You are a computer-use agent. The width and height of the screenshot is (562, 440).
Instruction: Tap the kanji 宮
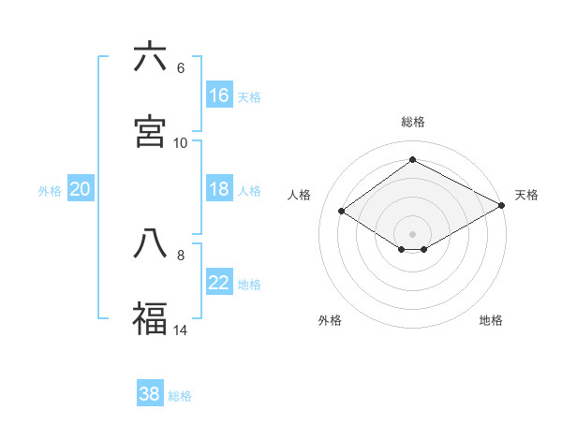pos(150,132)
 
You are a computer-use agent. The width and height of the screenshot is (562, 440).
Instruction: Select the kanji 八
pos(150,243)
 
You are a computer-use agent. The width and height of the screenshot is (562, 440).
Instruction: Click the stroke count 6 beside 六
pos(181,68)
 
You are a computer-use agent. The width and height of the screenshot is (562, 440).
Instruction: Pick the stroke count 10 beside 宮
pos(181,143)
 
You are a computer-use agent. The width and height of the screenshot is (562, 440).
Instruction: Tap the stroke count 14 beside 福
pos(181,330)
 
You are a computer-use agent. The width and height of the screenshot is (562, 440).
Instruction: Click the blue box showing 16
pos(219,95)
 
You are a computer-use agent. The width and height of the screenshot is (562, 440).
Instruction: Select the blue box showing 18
pos(219,189)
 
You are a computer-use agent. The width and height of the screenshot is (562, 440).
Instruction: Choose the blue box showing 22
pos(219,283)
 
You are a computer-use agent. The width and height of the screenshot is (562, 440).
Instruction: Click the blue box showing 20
pos(81,189)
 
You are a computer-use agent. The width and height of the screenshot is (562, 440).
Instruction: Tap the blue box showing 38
pos(150,394)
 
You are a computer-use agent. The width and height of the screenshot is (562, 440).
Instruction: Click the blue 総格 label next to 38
pos(180,396)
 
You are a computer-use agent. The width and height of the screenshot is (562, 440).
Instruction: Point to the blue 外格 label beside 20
pos(50,191)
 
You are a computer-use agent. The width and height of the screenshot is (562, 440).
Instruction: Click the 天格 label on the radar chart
pos(526,195)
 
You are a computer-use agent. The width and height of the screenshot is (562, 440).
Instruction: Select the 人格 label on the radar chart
pos(300,195)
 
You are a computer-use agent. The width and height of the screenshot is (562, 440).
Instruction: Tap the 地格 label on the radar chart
pos(491,320)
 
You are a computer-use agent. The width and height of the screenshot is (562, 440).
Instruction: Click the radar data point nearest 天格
pos(502,205)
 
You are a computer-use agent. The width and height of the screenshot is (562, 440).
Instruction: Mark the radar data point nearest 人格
pos(342,212)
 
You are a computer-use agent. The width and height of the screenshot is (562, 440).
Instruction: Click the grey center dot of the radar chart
pos(412,233)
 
